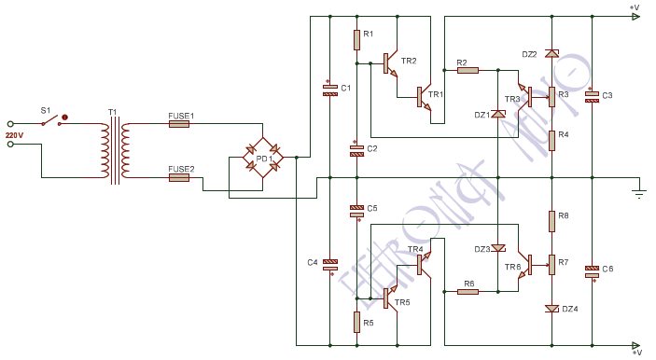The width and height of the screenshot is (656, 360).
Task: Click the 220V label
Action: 13,135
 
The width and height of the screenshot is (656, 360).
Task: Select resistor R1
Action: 356,39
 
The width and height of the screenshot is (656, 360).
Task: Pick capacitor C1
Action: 330,90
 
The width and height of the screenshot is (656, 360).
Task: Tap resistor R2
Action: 467,69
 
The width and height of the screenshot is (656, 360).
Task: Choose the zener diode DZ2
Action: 551,54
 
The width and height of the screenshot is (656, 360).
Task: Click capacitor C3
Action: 592,95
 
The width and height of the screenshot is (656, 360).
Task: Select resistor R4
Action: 551,140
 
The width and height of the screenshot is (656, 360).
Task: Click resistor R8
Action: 551,220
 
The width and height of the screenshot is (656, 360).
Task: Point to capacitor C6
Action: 592,270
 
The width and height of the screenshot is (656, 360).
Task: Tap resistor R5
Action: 356,322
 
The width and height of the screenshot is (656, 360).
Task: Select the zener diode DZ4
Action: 551,308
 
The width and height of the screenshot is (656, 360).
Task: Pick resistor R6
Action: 467,291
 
